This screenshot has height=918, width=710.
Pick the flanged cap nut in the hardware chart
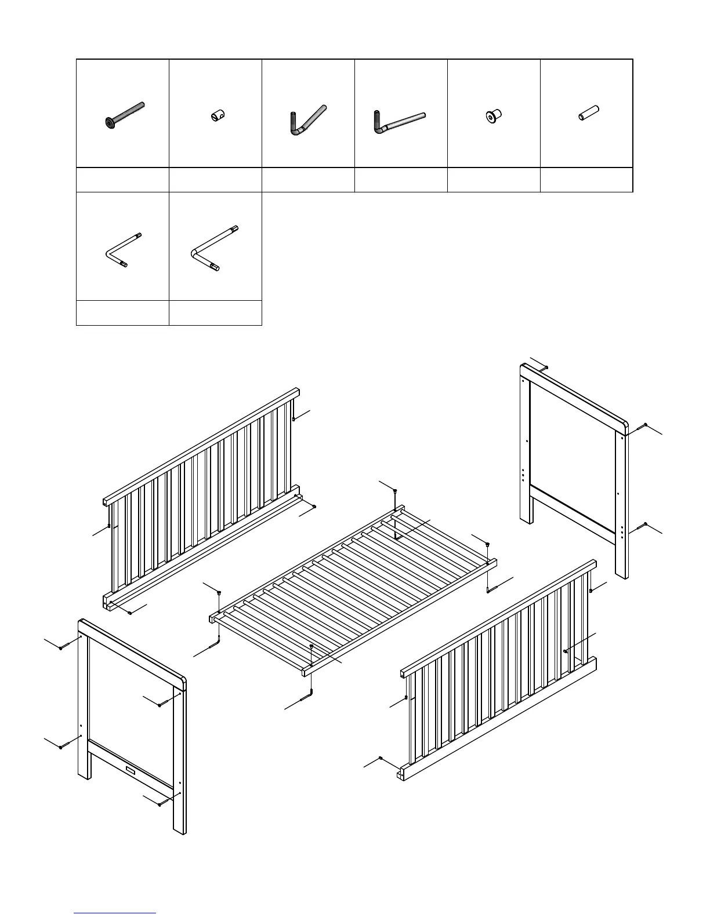coord(493,116)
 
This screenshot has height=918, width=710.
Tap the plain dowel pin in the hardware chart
coord(588,112)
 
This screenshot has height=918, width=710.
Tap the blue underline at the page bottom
coord(115,913)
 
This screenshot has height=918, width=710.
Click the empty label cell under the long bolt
coord(122,180)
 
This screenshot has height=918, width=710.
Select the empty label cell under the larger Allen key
coord(215,313)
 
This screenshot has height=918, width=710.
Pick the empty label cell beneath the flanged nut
coord(494,180)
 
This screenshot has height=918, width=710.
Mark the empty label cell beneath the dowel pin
coord(586,180)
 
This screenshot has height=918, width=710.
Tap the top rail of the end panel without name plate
coord(574,394)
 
